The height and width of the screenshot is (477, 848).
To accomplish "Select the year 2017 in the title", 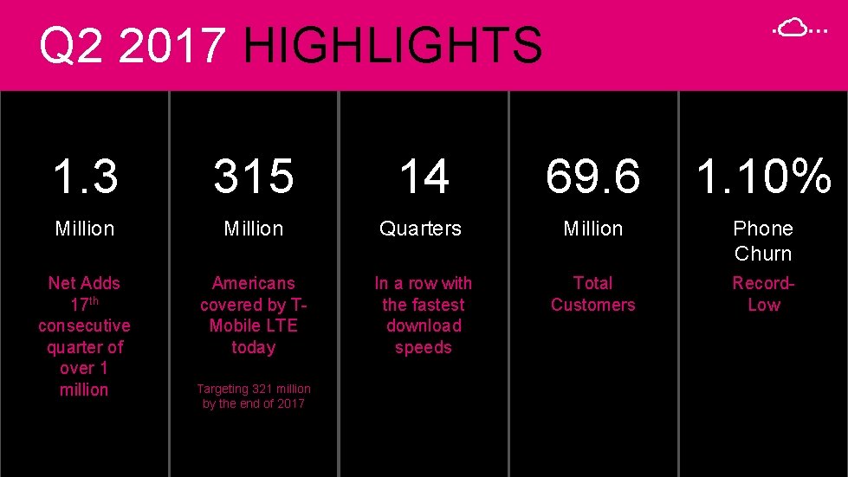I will [172, 46].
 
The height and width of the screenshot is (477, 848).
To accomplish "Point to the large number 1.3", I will [84, 177].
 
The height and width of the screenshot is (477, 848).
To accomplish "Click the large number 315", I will [254, 177].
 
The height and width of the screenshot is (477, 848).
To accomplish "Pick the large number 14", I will [424, 177].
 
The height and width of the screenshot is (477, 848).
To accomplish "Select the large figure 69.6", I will [593, 177].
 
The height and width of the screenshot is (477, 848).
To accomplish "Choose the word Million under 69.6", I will [593, 229].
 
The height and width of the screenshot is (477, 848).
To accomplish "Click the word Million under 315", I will [254, 229].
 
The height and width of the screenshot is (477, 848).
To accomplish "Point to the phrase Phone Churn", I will [763, 241].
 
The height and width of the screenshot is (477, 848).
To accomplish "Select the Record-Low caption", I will [763, 293].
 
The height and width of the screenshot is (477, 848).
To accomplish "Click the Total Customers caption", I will [593, 293].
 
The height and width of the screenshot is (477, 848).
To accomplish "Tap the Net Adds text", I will [84, 283].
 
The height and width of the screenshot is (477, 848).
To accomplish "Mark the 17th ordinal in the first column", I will [83, 304].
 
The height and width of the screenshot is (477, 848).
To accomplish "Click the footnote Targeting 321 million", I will [254, 389].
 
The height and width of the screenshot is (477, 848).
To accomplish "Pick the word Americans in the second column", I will [254, 283].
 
